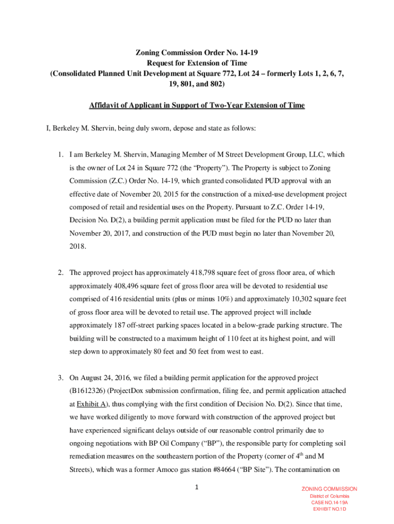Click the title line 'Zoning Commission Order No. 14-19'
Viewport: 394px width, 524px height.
click(x=196, y=52)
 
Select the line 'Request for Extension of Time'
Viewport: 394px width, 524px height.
click(x=197, y=63)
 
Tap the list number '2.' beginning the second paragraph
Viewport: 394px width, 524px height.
click(x=60, y=273)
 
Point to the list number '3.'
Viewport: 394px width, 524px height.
click(x=60, y=378)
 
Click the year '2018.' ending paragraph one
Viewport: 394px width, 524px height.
click(x=78, y=246)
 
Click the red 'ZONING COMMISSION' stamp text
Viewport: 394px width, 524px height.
click(x=330, y=489)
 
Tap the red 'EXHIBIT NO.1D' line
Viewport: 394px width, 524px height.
click(x=330, y=510)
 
